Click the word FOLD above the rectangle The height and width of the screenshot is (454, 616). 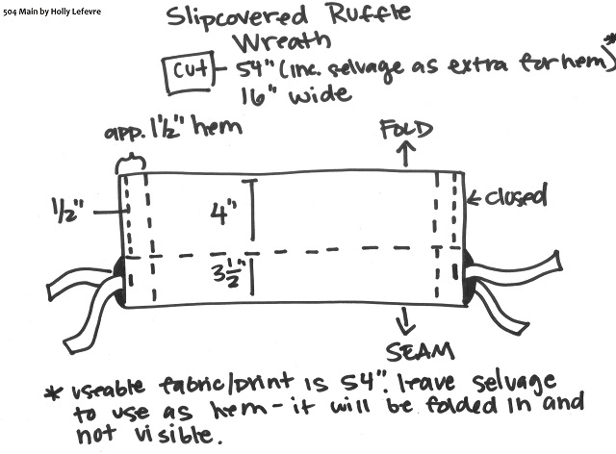pos(405,129)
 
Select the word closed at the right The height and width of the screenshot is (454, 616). pos(513,198)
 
